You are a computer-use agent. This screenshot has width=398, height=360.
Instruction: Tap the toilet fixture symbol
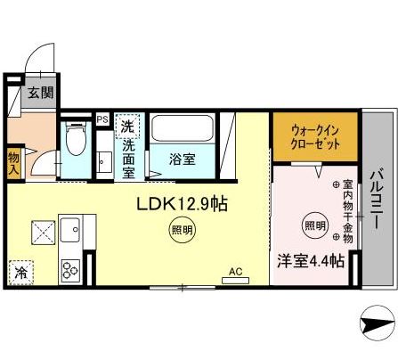75,143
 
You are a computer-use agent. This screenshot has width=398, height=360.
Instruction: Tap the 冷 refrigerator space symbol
20,273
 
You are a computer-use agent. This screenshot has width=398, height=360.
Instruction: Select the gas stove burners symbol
71,268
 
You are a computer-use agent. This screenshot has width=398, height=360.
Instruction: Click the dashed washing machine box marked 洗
128,126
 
